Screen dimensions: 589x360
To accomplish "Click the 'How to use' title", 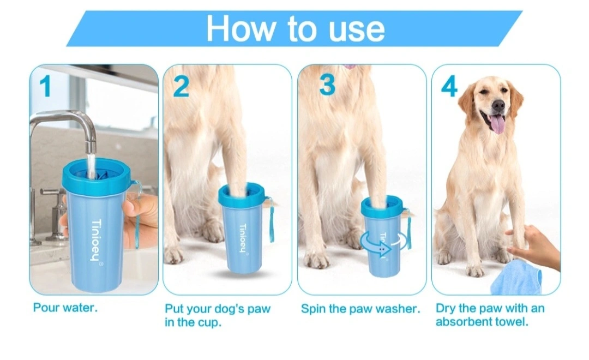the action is pos(295,28).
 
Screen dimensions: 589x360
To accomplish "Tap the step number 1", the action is pos(45,86).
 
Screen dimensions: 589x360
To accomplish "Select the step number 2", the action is pos(181,86).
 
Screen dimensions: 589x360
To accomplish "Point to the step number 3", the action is pos(327,85).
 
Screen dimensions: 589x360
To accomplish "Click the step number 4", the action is pos(449,86).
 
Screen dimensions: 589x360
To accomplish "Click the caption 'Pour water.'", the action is pos(65,308).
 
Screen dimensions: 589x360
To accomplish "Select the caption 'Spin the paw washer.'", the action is pos(360,309).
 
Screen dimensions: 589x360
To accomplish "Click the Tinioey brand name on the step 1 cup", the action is pos(96,241).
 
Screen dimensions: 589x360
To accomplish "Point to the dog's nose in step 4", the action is pos(498,105).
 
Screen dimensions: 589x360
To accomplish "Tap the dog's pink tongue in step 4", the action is pos(498,124).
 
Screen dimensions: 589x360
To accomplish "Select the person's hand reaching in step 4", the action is pos(533,247).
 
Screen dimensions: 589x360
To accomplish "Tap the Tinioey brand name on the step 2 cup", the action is pos(243,237).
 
